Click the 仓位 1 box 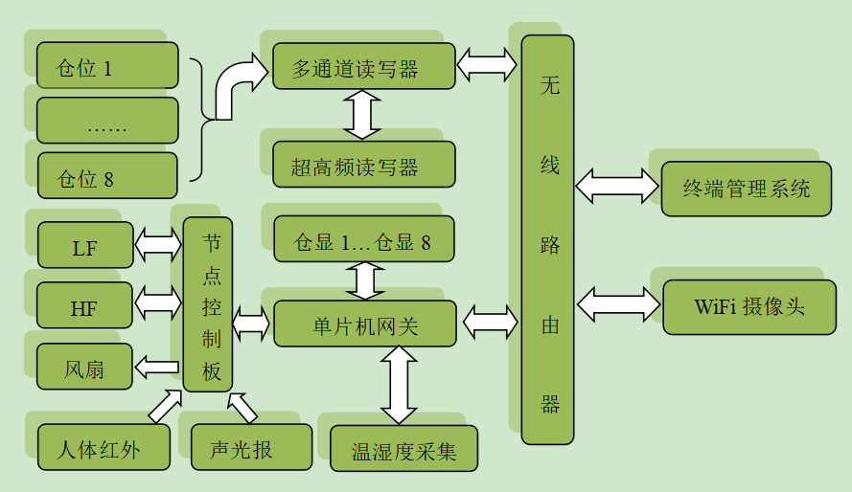107,65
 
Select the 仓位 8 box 107,175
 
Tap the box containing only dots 107,121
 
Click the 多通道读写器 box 364,66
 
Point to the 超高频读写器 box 364,165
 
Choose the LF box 85,245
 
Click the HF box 84,304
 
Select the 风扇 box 84,367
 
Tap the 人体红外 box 104,447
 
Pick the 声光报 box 252,447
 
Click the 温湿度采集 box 404,449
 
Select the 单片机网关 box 365,324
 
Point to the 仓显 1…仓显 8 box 364,238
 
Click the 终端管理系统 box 747,189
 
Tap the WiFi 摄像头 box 749,307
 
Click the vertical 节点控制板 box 208,304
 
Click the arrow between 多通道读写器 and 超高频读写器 362,115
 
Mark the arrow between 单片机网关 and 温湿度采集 399,385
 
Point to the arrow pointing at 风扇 156,368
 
